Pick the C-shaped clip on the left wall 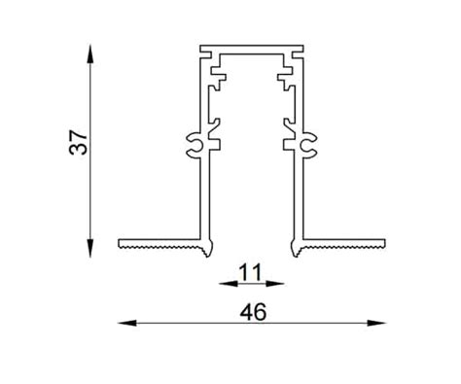tap(192, 146)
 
